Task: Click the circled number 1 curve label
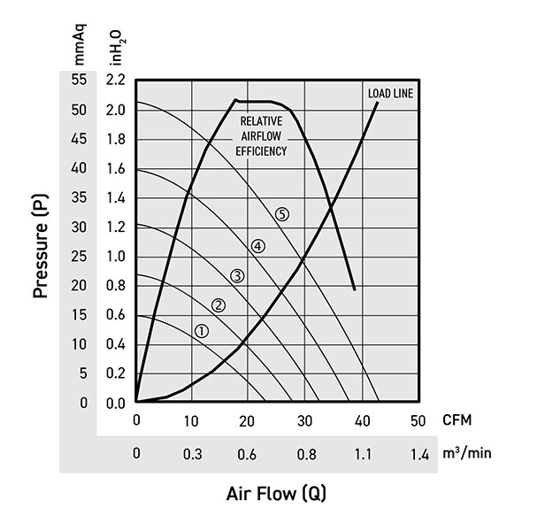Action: click(201, 330)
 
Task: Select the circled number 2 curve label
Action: click(219, 305)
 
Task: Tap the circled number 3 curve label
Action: click(237, 276)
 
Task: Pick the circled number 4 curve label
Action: click(257, 246)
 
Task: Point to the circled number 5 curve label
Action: click(282, 213)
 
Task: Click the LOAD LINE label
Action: click(390, 93)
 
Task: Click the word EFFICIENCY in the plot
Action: click(261, 151)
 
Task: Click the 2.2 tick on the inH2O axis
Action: click(115, 80)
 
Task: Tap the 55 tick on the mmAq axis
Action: click(79, 80)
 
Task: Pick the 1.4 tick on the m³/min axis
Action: click(418, 455)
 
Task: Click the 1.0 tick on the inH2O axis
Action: click(115, 257)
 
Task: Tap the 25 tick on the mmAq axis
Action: click(79, 257)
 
